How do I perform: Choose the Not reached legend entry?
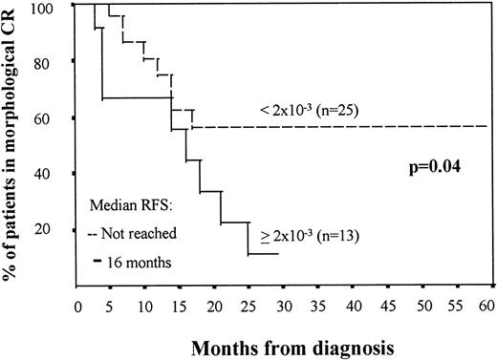point(122,234)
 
